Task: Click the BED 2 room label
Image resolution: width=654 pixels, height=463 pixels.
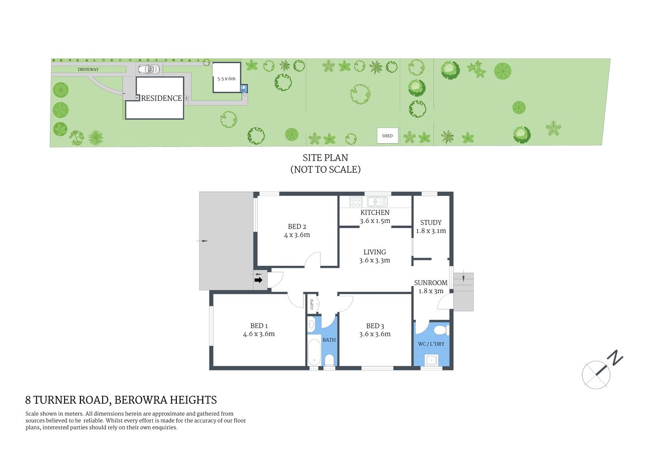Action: point(297,227)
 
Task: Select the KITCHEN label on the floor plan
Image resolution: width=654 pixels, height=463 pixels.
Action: point(375,213)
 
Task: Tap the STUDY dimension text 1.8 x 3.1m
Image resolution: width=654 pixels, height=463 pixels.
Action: point(431,231)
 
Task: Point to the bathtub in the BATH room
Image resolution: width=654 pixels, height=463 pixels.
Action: point(314,353)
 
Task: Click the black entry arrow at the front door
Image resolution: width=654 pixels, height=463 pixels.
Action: point(259,280)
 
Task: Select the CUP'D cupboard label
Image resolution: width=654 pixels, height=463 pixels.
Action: point(312,304)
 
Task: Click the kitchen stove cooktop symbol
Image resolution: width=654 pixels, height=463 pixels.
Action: point(355,202)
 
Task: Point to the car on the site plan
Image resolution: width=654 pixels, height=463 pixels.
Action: point(149,69)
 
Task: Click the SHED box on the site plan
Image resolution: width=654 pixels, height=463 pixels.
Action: point(387,136)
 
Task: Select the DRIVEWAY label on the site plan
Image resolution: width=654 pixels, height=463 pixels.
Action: point(88,69)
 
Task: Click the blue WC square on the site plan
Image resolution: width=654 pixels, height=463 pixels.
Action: point(244,90)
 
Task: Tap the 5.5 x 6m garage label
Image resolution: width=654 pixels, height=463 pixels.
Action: point(226,79)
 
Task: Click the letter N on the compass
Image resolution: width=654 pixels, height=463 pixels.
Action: point(615,358)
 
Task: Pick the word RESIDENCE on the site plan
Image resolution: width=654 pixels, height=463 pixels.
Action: point(161,98)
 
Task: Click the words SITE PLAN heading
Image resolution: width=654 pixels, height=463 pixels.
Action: point(325,158)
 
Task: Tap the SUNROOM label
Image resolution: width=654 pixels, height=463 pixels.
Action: point(431,283)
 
